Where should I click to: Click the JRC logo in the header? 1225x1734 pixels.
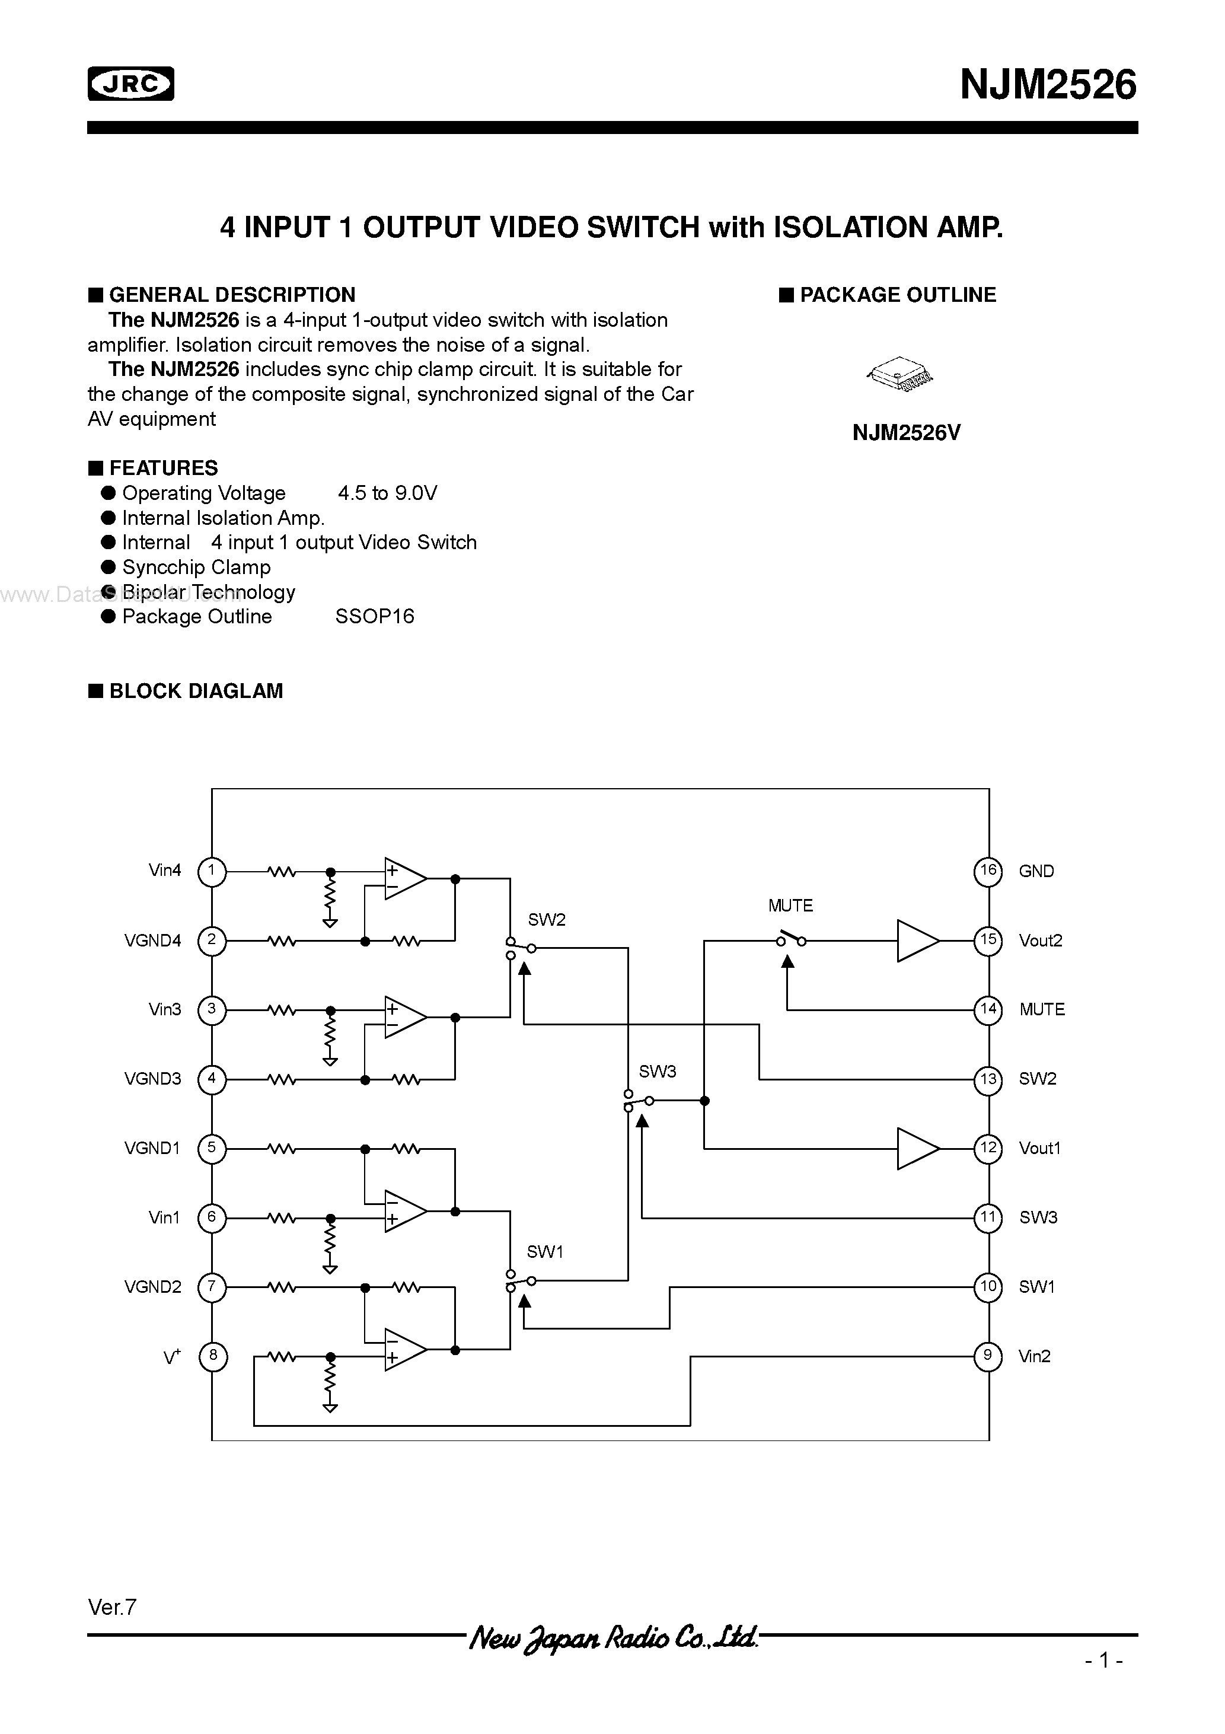click(130, 84)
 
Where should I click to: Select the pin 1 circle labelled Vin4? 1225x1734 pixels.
click(212, 871)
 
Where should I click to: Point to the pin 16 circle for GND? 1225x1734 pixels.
click(988, 871)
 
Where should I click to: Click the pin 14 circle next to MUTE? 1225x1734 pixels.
click(988, 1010)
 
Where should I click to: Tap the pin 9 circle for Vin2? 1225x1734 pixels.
click(988, 1356)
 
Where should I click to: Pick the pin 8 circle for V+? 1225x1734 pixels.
click(212, 1356)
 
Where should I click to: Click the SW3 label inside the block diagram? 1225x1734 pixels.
click(657, 1072)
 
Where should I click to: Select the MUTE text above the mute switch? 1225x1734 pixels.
click(790, 906)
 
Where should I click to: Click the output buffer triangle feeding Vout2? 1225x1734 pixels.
click(917, 941)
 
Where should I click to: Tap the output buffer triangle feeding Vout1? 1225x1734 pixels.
click(917, 1149)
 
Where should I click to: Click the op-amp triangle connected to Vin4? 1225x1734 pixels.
click(404, 879)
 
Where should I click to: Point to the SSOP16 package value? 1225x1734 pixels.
click(375, 617)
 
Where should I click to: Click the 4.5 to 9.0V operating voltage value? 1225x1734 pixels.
click(387, 493)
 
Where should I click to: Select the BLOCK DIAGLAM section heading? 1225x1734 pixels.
click(196, 691)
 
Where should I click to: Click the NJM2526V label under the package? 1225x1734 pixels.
click(906, 433)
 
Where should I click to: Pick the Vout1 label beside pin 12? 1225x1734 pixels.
click(1039, 1149)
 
